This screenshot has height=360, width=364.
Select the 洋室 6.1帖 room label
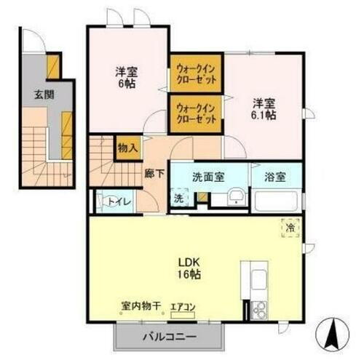[264, 109]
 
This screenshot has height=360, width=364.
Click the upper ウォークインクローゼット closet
[196, 75]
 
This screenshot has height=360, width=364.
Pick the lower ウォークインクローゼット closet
[196, 114]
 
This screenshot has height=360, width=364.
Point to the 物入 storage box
[127, 148]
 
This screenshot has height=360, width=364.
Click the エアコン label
[182, 307]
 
